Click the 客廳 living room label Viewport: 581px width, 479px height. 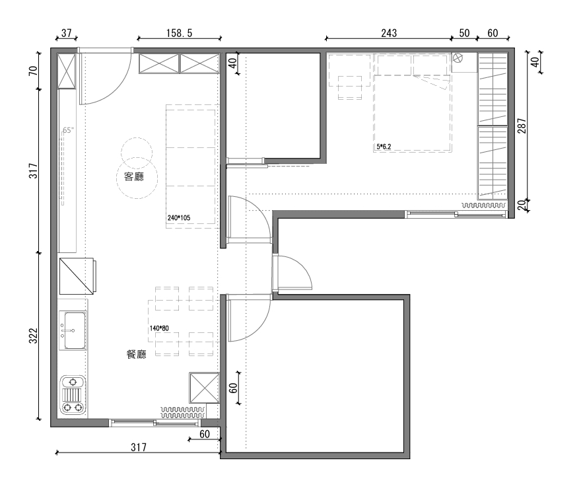pyautogui.click(x=134, y=177)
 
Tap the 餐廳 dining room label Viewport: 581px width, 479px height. pyautogui.click(x=137, y=354)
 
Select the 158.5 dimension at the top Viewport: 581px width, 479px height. pyautogui.click(x=180, y=34)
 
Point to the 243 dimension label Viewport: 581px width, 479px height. pyautogui.click(x=389, y=34)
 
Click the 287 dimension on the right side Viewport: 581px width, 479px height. pyautogui.click(x=522, y=126)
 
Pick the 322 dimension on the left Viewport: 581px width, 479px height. pyautogui.click(x=34, y=336)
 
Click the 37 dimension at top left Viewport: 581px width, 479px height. pyautogui.click(x=66, y=33)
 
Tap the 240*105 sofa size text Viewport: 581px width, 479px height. pyautogui.click(x=179, y=217)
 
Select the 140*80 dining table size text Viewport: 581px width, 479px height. pyautogui.click(x=159, y=328)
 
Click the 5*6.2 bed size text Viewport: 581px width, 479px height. pyautogui.click(x=384, y=147)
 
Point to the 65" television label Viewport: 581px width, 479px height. pyautogui.click(x=69, y=130)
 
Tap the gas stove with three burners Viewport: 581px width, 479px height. pyautogui.click(x=73, y=396)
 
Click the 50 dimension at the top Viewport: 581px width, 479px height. pyautogui.click(x=464, y=34)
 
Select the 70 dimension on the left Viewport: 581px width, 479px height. pyautogui.click(x=34, y=71)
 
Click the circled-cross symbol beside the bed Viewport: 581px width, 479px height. pyautogui.click(x=458, y=58)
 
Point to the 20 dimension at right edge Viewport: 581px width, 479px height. pyautogui.click(x=522, y=205)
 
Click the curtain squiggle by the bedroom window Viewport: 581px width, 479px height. pyautogui.click(x=483, y=205)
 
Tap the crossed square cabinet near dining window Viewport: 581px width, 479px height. pyautogui.click(x=204, y=387)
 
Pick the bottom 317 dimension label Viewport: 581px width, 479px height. pyautogui.click(x=139, y=447)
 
